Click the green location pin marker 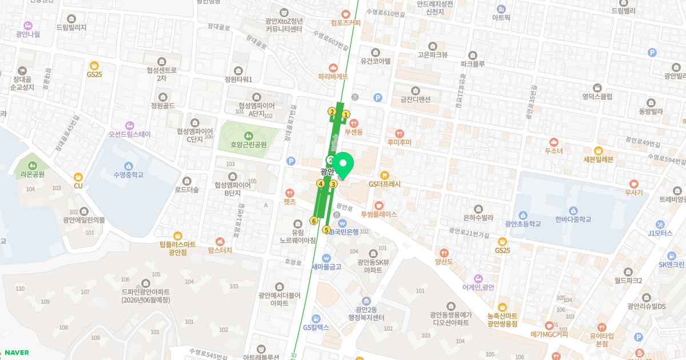click(343, 165)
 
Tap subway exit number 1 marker click(346, 114)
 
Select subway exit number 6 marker click(314, 221)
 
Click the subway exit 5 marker click(326, 230)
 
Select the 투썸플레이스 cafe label click(378, 214)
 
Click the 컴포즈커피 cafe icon click(345, 14)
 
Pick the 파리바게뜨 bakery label click(333, 75)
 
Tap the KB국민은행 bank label click(343, 232)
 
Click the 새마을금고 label click(326, 266)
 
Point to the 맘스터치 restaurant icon click(220, 242)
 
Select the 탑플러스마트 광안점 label click(178, 248)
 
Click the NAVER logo click(16, 353)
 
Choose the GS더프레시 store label click(385, 184)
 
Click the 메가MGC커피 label click(549, 334)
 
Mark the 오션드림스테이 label click(130, 134)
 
